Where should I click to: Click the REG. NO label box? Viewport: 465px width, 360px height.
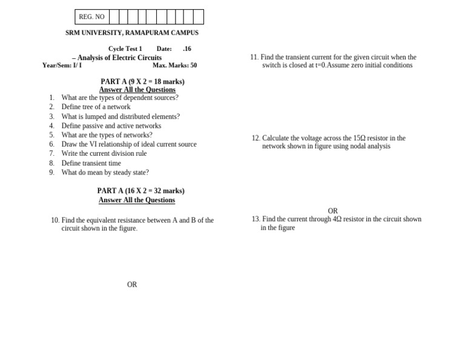tap(92, 17)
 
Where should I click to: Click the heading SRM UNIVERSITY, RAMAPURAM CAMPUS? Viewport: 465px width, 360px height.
tap(132, 33)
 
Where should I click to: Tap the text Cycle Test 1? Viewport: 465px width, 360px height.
tap(125, 48)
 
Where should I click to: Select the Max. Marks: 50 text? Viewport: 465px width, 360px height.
tap(174, 65)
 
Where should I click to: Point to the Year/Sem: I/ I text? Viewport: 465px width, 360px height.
tap(62, 65)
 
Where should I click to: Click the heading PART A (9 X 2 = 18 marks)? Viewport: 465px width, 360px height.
tap(142, 81)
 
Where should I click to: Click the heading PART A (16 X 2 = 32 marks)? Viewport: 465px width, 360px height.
tap(140, 190)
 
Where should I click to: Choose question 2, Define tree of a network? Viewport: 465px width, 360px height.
tap(96, 107)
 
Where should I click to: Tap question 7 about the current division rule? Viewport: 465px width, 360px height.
tap(104, 153)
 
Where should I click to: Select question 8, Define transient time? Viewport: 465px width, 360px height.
tap(91, 163)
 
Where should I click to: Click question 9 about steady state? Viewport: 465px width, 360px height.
tap(105, 172)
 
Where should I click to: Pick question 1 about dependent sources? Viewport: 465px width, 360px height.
tap(119, 98)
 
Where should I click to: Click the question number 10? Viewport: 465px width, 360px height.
tap(55, 220)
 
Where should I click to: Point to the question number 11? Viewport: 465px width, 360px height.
tap(254, 57)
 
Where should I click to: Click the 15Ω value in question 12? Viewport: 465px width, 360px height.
tap(359, 138)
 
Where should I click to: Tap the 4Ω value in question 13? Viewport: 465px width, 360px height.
tap(337, 219)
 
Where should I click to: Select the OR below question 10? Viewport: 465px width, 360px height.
tap(132, 284)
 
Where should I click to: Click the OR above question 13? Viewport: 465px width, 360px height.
tap(332, 211)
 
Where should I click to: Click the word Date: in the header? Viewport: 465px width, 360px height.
tap(164, 48)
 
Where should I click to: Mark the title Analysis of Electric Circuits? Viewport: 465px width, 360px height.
tap(119, 58)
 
